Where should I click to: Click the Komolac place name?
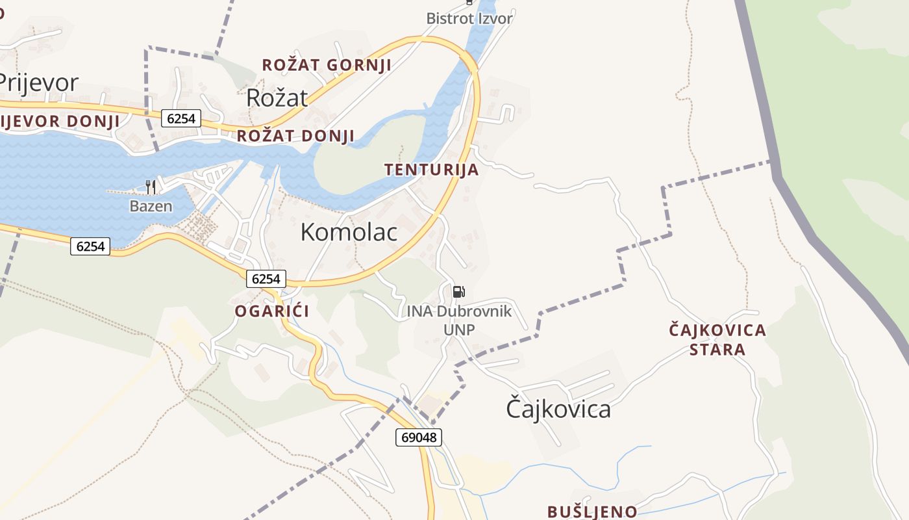349,232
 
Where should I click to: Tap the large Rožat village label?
277,97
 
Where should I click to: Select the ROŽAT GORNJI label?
326,65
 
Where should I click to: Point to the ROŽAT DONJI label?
295,136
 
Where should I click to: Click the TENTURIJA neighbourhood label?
431,170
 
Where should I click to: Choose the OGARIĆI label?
271,311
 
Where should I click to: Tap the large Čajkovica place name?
558,409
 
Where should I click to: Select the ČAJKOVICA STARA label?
717,339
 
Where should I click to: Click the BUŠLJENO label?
592,512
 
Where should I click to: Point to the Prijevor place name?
38,83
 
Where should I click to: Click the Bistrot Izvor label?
469,18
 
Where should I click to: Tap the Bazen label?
151,207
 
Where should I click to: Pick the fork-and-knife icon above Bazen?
151,187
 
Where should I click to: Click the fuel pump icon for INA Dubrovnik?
458,291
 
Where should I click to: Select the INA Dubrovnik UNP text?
459,320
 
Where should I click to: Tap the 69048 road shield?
418,437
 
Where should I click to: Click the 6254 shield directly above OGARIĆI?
266,279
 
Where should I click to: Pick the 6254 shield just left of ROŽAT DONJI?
182,118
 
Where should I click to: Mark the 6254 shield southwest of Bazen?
90,246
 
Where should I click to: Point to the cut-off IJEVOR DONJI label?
60,121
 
